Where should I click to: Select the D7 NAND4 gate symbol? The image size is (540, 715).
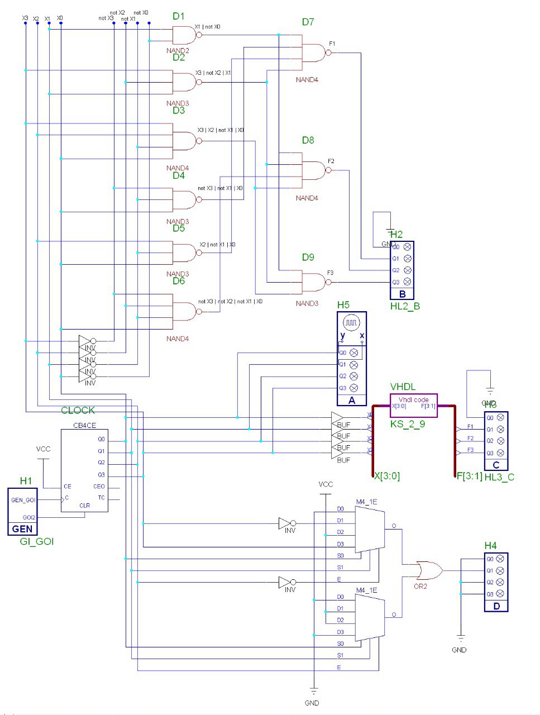(x=314, y=53)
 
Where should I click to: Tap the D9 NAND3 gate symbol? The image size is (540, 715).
(x=313, y=282)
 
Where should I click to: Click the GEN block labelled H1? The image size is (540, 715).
(x=22, y=511)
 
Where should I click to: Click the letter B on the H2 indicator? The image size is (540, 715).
(x=402, y=294)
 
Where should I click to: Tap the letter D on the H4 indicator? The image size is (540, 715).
(x=496, y=606)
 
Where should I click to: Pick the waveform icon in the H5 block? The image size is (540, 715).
(x=352, y=323)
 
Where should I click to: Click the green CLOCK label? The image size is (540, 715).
(x=78, y=411)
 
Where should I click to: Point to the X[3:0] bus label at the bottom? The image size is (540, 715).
(x=386, y=476)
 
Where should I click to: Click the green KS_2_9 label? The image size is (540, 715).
(x=407, y=424)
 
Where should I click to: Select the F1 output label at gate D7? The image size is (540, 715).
(x=332, y=43)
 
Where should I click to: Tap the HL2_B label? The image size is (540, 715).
(x=405, y=306)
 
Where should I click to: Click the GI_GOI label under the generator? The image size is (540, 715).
(x=37, y=541)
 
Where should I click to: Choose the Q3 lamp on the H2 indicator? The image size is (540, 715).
(x=407, y=282)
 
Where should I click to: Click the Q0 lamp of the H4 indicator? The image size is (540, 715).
(x=500, y=559)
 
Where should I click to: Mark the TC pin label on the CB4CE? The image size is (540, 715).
(x=101, y=498)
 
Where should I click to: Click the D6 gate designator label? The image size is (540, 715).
(x=178, y=281)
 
